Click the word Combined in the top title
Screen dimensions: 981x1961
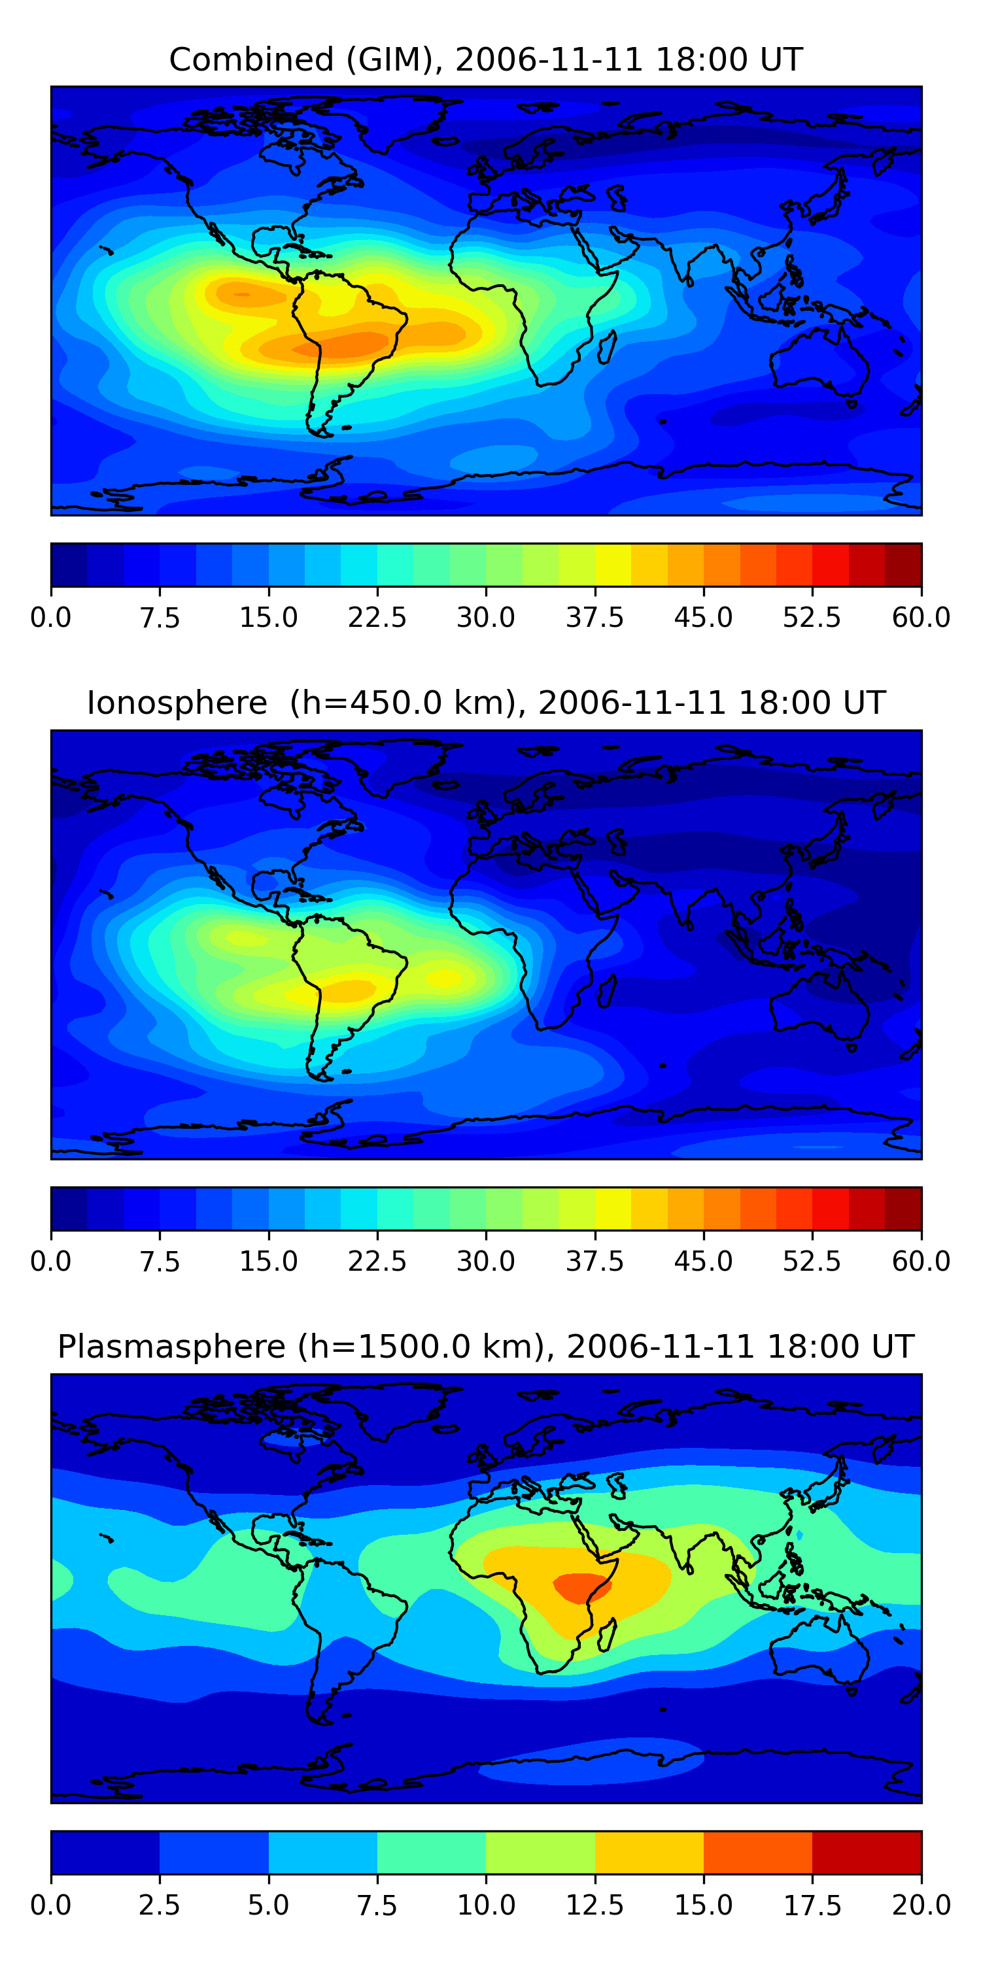coord(251,59)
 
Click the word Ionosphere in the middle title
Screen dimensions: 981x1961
coord(177,703)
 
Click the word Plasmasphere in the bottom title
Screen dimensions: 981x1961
coord(171,1347)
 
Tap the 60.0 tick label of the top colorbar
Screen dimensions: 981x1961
coord(921,617)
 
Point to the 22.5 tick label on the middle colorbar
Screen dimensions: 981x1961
coord(377,1262)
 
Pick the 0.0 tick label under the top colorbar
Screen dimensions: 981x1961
coord(51,617)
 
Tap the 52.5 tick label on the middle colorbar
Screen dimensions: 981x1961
coord(812,1262)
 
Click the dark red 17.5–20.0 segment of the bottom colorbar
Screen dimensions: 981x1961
coord(867,1852)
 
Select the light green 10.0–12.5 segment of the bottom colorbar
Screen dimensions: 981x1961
coord(540,1852)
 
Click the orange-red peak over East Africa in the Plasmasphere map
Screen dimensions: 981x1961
coord(582,1588)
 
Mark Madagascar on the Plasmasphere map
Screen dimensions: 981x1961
coord(606,1635)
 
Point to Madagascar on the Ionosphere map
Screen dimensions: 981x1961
coord(606,991)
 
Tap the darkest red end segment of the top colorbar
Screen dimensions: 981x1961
coord(903,565)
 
